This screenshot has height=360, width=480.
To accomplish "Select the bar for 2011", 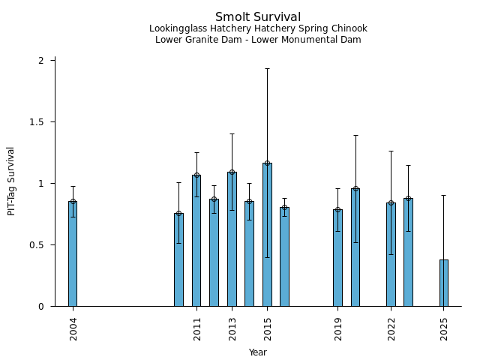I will coord(196,240).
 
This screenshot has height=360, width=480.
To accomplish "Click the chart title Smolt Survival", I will coord(258,17).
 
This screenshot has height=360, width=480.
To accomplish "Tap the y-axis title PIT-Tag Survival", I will coord(11,181).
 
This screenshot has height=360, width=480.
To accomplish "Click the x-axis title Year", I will coord(258,352).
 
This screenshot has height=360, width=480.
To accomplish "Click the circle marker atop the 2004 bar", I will coord(73,201).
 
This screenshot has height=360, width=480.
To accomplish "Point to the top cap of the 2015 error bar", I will coord(267,69).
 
